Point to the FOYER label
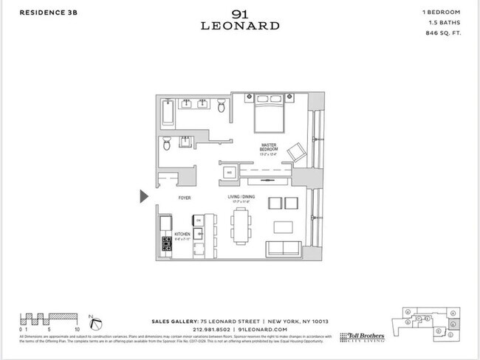point(185,198)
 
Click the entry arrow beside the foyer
point(145,195)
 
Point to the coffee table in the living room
point(282,226)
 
